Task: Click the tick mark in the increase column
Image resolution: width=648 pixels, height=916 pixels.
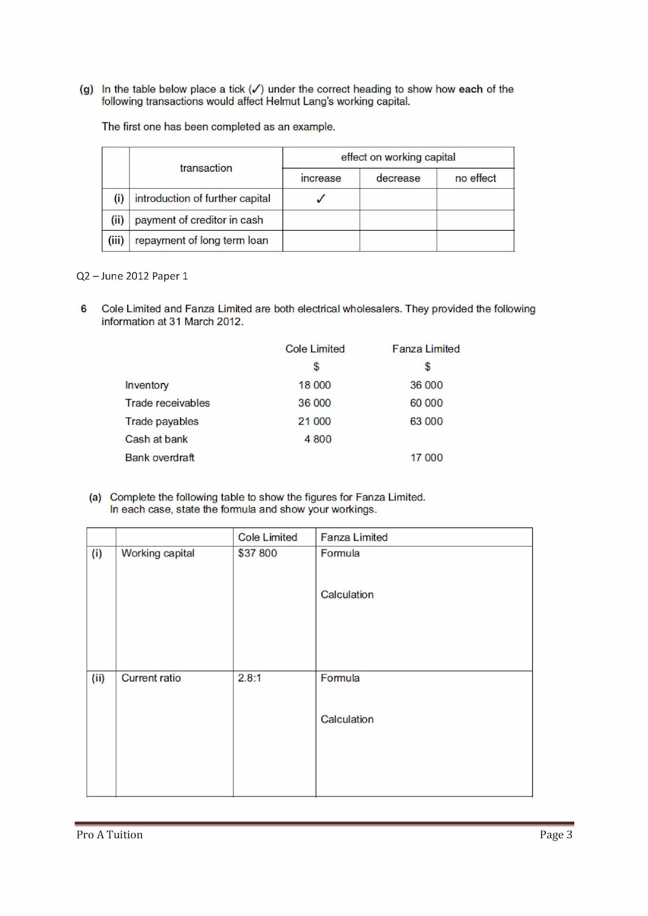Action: coord(321,199)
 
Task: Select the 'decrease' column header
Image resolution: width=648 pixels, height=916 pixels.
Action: coord(398,178)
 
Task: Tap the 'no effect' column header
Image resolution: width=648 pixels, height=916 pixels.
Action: coord(475,178)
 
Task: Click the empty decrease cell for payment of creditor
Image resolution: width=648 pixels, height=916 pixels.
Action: coord(398,220)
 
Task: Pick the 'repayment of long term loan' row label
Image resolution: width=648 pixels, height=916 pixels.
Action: coord(201,240)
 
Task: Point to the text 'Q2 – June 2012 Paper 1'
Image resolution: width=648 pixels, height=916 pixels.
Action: coord(132,276)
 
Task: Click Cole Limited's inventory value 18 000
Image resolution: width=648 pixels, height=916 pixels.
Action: coord(315,385)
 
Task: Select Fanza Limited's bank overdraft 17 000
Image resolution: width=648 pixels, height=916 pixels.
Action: coord(426,457)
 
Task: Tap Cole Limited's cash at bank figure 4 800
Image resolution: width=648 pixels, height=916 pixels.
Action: coord(317,439)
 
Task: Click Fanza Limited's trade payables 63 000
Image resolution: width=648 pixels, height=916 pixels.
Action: coord(426,421)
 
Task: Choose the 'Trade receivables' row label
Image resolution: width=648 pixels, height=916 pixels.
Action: coord(167,403)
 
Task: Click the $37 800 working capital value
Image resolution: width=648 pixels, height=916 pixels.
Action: coord(257,553)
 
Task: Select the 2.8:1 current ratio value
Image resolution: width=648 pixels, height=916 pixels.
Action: coord(249,678)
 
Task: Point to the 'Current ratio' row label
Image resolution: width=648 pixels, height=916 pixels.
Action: coord(151,678)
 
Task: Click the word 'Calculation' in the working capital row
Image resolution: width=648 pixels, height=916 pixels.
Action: coord(347,595)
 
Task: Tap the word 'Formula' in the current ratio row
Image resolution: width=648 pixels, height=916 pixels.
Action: coord(340,678)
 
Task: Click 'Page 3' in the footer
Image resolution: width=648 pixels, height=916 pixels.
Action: coord(555,835)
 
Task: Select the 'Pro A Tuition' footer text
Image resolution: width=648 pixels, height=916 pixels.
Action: coord(109,835)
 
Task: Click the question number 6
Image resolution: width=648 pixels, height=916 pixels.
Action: coord(84,309)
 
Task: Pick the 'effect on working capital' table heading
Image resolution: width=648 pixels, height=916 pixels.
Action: coord(398,157)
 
